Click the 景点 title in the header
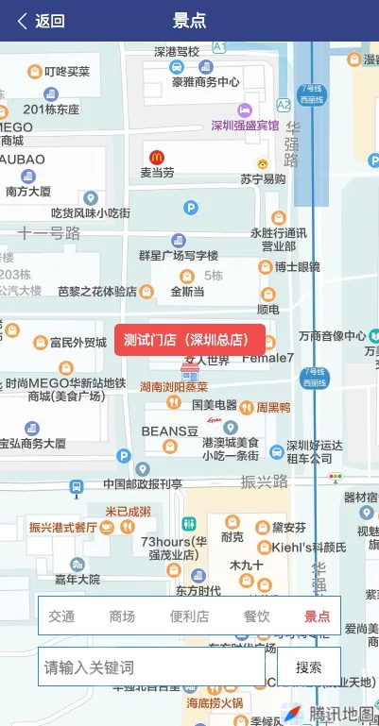point(189,21)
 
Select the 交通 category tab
point(61,616)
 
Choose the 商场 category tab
point(122,616)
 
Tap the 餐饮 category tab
point(256,616)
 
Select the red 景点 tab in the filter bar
point(317,616)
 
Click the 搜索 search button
point(309,667)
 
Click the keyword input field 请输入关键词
point(151,667)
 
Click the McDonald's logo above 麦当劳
point(158,155)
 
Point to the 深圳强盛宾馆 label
point(245,126)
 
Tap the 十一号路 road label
point(49,232)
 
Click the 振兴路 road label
point(264,481)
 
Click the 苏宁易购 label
point(262,179)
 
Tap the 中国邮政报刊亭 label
point(143,484)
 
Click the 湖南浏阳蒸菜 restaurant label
point(174,387)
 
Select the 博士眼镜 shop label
point(298,267)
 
